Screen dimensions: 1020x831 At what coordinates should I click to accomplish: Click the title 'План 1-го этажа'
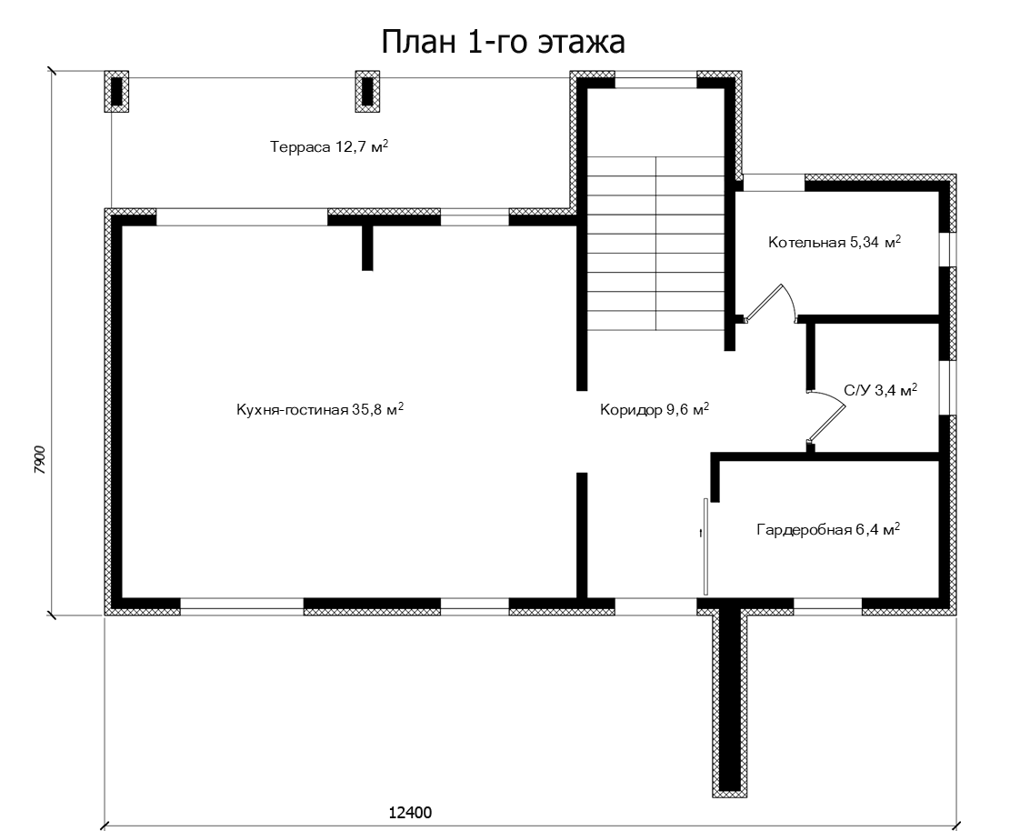click(x=503, y=42)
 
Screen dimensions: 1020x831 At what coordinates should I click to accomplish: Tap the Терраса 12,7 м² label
click(x=329, y=146)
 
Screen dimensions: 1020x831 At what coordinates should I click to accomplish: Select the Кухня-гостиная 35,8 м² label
click(x=320, y=409)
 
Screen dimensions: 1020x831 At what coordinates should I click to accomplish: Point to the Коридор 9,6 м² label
click(x=655, y=409)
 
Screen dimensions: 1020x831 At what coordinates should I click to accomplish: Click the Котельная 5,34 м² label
click(x=835, y=242)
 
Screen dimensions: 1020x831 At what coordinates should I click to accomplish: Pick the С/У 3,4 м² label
click(x=881, y=390)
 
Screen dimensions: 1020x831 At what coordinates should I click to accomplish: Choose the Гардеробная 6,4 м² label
click(x=828, y=529)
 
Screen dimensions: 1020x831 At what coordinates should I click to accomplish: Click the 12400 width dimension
click(x=410, y=812)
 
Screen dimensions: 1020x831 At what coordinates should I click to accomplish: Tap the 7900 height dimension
click(x=40, y=459)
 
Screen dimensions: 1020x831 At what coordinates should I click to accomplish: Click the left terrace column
click(x=116, y=91)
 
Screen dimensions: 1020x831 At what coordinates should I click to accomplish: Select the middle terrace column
click(x=367, y=91)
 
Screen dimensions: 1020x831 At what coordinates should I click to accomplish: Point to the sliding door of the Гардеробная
click(x=705, y=546)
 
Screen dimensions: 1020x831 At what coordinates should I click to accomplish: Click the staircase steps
click(x=656, y=243)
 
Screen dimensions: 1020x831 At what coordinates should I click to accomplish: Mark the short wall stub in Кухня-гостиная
click(x=367, y=247)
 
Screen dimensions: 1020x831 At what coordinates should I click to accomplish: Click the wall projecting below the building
click(x=730, y=702)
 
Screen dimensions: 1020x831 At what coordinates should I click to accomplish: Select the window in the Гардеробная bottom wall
click(x=827, y=607)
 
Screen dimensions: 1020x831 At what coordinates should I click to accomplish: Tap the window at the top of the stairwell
click(x=655, y=83)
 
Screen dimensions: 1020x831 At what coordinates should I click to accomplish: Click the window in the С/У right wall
click(x=945, y=386)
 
